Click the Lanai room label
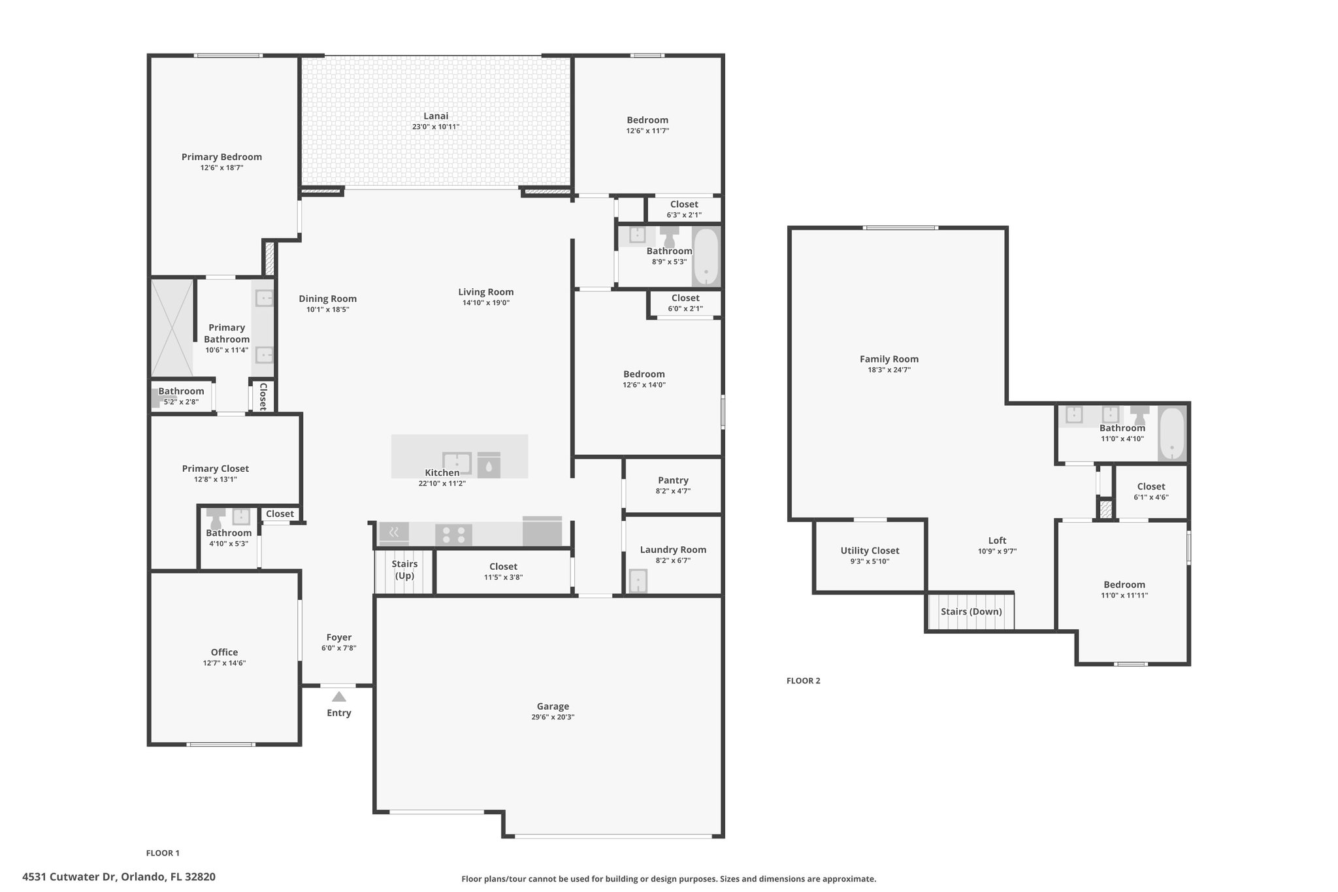point(436,116)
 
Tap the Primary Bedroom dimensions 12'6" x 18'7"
point(222,168)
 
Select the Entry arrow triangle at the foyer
point(338,697)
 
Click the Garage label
point(553,706)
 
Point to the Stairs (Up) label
point(404,570)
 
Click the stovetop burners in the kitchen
point(453,535)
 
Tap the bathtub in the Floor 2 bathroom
point(1172,434)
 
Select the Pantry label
point(673,480)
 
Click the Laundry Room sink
point(637,581)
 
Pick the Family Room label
point(889,359)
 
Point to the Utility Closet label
point(870,551)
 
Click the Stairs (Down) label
point(971,612)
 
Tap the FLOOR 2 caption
point(803,681)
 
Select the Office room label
point(224,652)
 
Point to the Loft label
point(997,540)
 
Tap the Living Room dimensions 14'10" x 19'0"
point(485,303)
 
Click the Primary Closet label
point(215,469)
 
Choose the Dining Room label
point(327,299)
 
